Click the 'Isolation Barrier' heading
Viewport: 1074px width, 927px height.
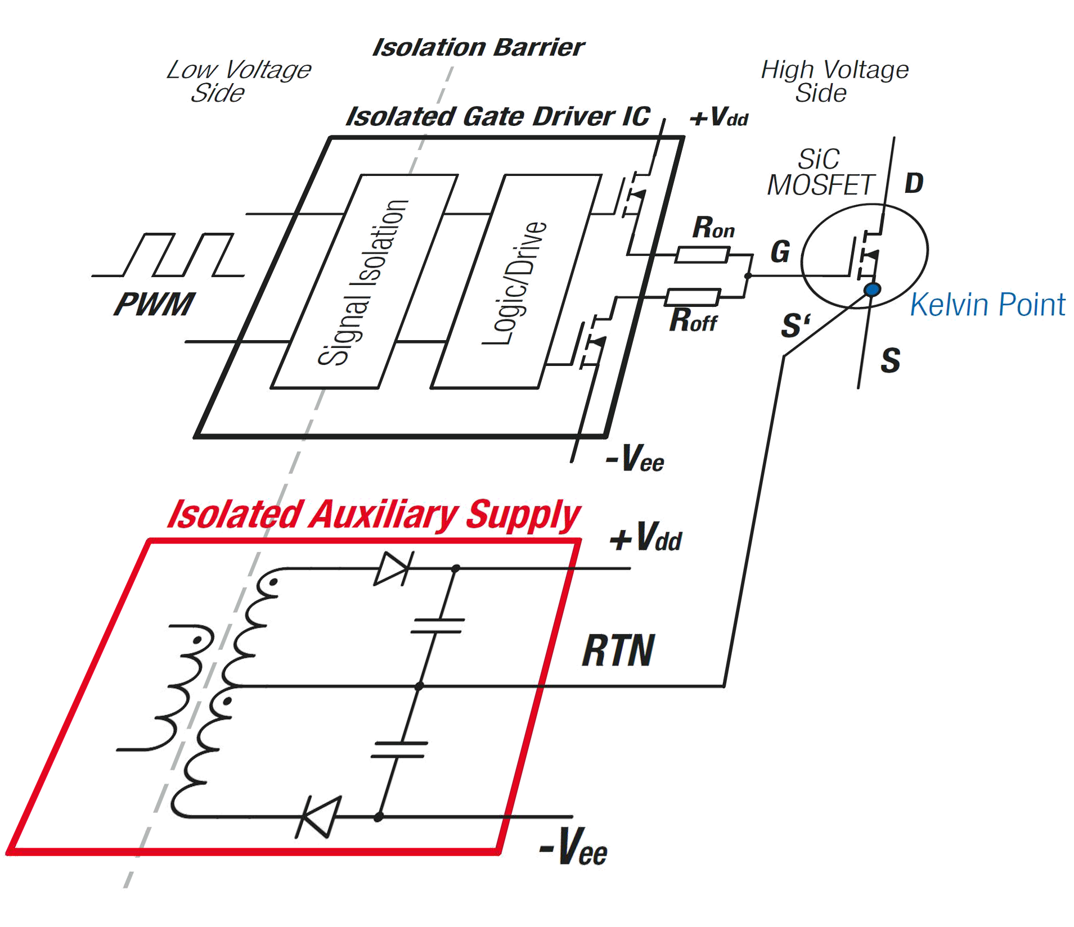(x=479, y=48)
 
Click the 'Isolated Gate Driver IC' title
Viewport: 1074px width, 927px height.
(x=498, y=117)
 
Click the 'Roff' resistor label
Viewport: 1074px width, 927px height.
(x=694, y=322)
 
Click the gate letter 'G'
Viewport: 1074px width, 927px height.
(x=780, y=252)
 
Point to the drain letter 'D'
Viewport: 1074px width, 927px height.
(x=914, y=183)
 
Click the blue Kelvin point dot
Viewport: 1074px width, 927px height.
(x=872, y=290)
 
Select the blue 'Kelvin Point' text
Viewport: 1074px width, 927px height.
(x=988, y=305)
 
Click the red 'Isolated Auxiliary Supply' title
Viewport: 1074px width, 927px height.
(x=374, y=516)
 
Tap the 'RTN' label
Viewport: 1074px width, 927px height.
(x=618, y=652)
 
